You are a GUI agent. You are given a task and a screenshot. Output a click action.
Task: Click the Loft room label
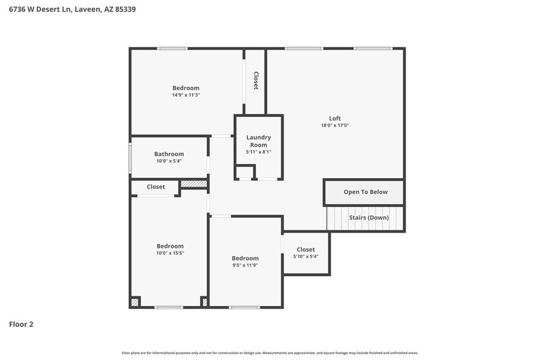335,118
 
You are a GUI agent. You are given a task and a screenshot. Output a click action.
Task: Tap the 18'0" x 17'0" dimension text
335,126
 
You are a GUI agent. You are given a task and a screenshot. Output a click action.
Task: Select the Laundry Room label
258,141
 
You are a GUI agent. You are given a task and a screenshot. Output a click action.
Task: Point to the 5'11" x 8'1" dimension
258,152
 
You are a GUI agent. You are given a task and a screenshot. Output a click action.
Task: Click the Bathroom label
169,154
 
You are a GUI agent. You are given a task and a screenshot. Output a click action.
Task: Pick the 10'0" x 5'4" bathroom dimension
169,161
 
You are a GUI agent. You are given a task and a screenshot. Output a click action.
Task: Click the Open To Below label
366,192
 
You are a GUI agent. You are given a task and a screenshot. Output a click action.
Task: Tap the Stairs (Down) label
369,217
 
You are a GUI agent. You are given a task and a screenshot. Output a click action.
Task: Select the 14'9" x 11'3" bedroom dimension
186,95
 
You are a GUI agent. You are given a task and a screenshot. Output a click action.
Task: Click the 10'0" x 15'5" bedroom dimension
170,253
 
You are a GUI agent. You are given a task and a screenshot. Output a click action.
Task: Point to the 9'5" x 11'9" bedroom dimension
245,265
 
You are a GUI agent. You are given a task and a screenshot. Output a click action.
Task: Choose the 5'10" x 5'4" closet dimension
306,257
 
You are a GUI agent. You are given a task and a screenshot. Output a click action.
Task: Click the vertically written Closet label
256,81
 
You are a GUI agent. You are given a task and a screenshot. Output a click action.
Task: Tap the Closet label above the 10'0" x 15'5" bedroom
156,187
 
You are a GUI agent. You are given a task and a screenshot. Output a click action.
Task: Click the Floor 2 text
21,324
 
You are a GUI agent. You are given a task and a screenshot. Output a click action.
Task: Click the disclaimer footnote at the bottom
270,353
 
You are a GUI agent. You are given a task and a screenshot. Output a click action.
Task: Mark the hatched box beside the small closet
193,183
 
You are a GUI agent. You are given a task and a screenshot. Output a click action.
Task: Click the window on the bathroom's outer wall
130,158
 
